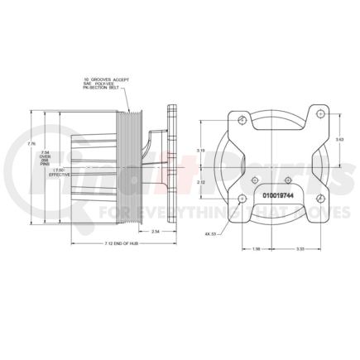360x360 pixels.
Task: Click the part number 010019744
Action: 277,196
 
